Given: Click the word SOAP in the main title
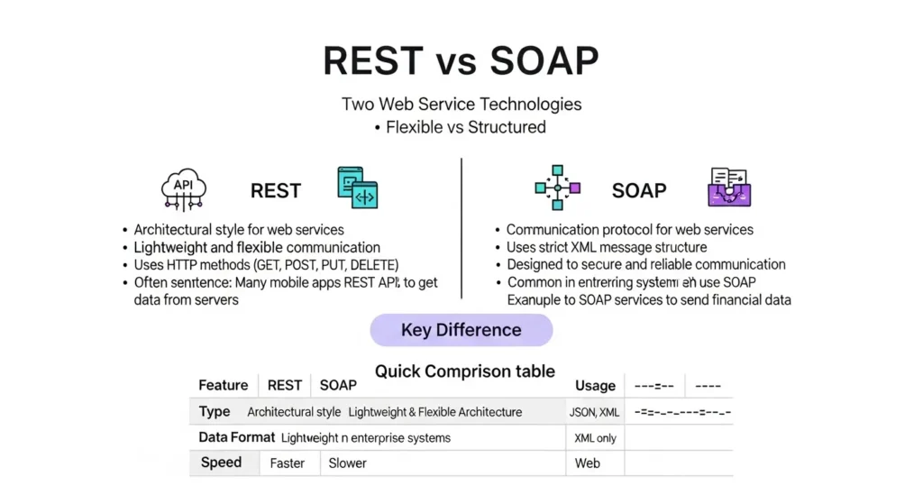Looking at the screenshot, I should tap(531, 62).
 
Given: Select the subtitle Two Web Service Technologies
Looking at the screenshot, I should tap(461, 104).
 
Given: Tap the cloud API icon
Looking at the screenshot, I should tap(183, 188).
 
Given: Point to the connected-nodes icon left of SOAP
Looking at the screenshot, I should tap(557, 188).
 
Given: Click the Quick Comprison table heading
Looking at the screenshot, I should tap(464, 371).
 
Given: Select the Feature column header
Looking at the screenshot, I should tap(223, 385).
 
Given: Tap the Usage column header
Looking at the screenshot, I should tap(595, 386).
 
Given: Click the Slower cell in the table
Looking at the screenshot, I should tap(347, 463).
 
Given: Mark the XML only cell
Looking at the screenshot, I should tap(595, 438).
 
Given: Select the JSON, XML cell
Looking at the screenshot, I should tap(595, 412).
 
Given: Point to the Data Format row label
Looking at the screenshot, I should tap(236, 437).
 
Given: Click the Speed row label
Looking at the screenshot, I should tap(221, 463).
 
